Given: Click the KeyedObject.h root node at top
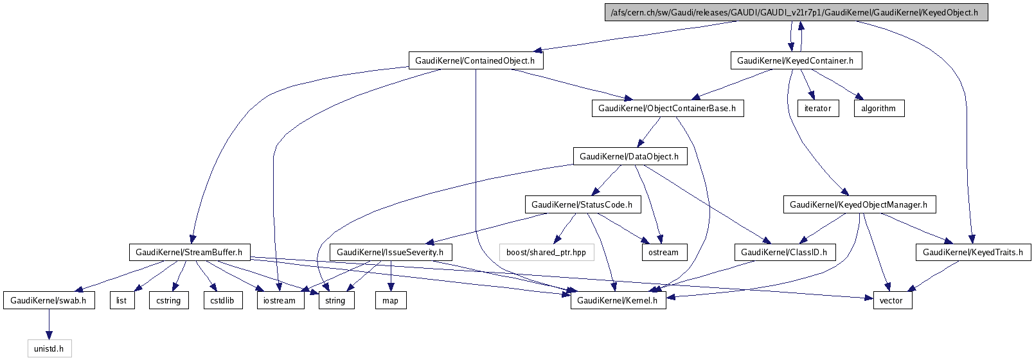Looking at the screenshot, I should (796, 12).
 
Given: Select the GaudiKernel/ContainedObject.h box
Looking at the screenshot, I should (475, 60).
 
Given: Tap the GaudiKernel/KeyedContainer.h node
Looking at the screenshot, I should (795, 60).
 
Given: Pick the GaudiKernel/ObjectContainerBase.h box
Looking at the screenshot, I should (667, 108).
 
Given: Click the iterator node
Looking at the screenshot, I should (817, 108).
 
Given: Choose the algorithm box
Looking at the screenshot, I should (878, 108).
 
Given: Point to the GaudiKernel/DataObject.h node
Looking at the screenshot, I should (629, 156).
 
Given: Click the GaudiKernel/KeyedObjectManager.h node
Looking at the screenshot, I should (859, 204).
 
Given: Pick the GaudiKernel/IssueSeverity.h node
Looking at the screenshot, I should (390, 252).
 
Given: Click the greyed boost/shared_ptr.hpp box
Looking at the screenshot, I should (546, 252).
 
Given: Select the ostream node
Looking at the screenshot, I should (663, 252).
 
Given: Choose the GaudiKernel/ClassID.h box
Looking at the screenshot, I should (784, 252).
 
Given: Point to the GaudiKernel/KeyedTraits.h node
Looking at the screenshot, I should (973, 252).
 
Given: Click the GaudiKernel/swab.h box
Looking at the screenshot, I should (48, 300).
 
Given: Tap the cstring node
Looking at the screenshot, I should (168, 300).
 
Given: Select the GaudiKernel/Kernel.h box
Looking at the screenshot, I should (618, 300).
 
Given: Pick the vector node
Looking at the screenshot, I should (891, 300).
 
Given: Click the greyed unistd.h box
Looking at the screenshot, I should (49, 348).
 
